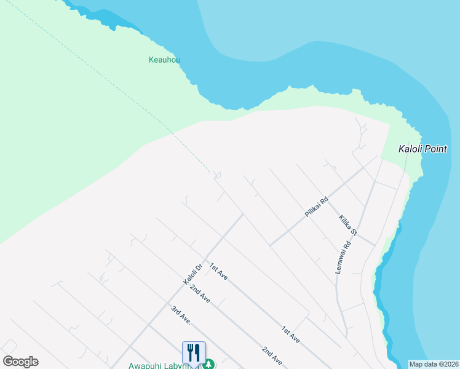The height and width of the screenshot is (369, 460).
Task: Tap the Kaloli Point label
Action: [422, 149]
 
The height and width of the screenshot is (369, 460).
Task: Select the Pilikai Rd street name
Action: [317, 207]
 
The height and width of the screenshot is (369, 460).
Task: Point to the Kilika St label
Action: [348, 225]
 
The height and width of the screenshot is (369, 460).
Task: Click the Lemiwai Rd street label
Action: [343, 257]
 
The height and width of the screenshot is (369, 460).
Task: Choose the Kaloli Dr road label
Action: [192, 274]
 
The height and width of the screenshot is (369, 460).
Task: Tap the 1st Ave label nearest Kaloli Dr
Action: [218, 271]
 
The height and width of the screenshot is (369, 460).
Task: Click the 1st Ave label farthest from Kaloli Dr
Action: [290, 335]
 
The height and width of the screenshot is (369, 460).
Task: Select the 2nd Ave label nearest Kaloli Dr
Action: [200, 293]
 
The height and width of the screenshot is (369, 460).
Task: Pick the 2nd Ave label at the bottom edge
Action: [271, 355]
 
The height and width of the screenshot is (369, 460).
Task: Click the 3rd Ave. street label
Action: [181, 314]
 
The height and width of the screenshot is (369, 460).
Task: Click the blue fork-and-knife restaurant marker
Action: [194, 353]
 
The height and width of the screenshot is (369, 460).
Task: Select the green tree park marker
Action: [210, 364]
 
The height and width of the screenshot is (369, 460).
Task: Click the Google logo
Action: [20, 362]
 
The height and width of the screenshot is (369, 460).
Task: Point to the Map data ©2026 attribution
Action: [434, 364]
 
